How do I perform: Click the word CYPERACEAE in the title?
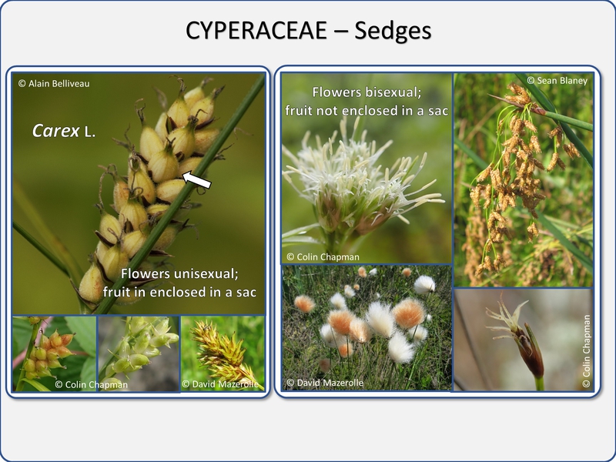(x=256, y=31)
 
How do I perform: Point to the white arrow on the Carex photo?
(x=197, y=179)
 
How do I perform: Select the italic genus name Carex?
(x=55, y=131)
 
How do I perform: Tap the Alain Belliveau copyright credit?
(x=54, y=83)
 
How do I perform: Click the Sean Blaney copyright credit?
(x=557, y=81)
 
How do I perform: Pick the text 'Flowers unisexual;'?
(x=179, y=273)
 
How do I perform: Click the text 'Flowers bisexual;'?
(x=367, y=92)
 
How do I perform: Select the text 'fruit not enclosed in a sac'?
(x=367, y=111)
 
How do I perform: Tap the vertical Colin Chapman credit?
(x=586, y=351)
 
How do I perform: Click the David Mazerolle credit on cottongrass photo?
(x=325, y=383)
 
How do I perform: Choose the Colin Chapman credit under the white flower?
(x=323, y=257)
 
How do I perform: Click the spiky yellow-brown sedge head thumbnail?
(x=223, y=354)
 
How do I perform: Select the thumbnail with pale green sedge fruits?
(x=139, y=354)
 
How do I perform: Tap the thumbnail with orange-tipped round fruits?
(x=54, y=354)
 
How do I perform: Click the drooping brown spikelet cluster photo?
(x=524, y=180)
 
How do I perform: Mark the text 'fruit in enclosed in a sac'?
(x=179, y=293)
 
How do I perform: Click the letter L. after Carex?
(x=90, y=132)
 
